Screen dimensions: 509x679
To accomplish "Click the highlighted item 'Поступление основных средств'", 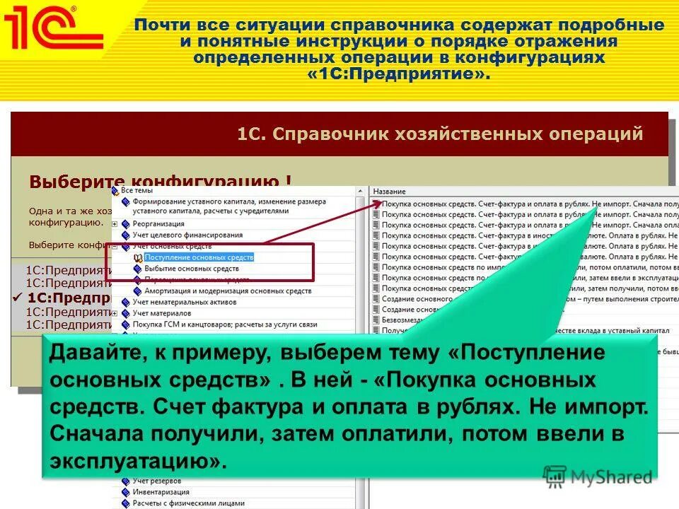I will click(x=198, y=257).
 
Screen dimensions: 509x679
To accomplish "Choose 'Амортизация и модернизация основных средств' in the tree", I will click(x=227, y=291).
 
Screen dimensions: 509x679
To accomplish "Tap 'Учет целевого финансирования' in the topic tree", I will click(x=187, y=235).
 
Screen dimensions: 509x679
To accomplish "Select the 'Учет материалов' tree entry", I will click(x=161, y=313).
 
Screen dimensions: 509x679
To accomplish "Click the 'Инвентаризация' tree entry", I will click(x=161, y=492).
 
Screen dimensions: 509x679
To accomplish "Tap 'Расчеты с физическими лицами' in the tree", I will click(x=181, y=503).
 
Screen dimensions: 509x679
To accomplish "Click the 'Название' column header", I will click(x=389, y=192).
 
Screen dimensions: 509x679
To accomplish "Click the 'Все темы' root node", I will click(x=137, y=190).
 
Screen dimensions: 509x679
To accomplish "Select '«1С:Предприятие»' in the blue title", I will click(x=397, y=74).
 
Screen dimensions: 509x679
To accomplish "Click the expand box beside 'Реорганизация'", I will click(x=115, y=223).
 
